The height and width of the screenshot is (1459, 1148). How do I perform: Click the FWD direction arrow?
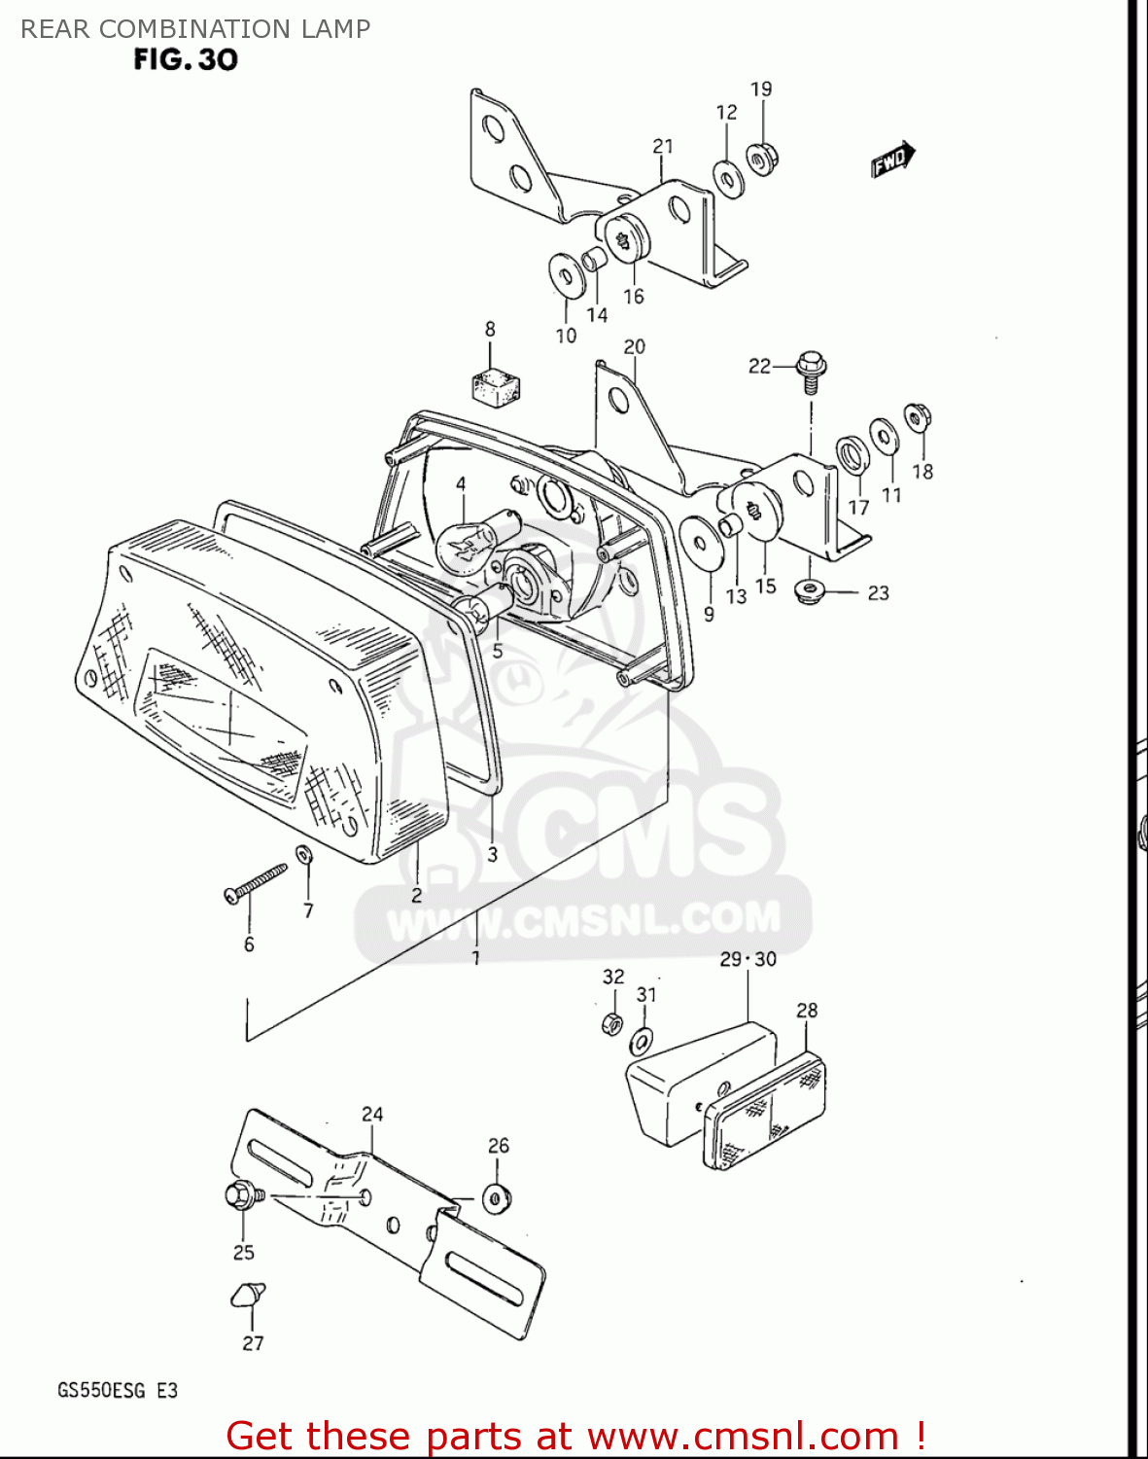click(892, 160)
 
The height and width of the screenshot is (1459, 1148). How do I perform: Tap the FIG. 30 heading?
click(186, 60)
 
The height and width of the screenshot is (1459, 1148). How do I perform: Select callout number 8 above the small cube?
click(490, 330)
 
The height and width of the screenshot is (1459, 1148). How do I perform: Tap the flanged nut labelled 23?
click(807, 590)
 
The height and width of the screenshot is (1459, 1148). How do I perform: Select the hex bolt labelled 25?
click(240, 1195)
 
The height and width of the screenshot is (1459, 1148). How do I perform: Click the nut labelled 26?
click(497, 1198)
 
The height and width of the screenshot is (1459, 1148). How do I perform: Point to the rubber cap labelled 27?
click(248, 1296)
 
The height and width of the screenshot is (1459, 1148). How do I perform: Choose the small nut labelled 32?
click(612, 1022)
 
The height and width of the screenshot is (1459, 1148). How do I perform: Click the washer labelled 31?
click(643, 1041)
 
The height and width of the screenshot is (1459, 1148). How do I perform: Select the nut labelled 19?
click(761, 159)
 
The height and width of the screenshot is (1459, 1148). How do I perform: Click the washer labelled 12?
click(728, 178)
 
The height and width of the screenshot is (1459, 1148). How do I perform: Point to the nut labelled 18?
click(916, 419)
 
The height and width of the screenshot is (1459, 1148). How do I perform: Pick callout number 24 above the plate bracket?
click(372, 1115)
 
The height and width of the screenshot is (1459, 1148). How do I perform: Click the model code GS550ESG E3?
click(118, 1390)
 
